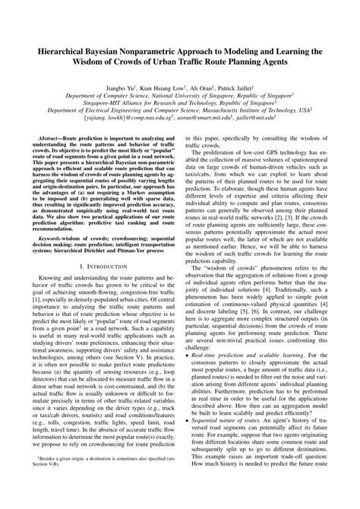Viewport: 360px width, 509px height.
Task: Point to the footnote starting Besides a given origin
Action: (x=99, y=480)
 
